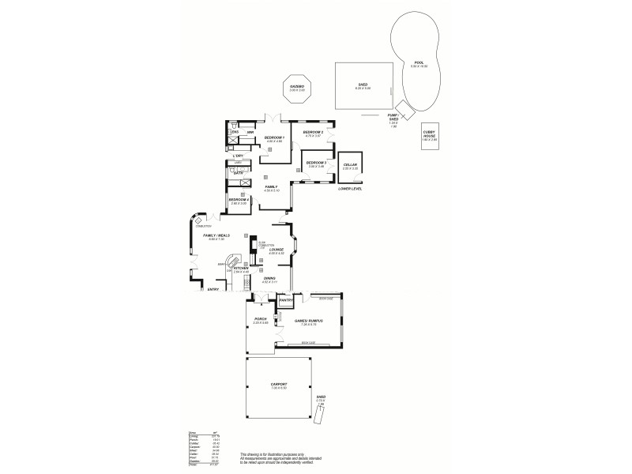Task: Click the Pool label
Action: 419,62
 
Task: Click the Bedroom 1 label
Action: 274,137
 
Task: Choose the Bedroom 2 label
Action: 314,132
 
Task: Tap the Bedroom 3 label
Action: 317,163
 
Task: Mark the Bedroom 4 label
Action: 239,200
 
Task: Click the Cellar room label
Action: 351,165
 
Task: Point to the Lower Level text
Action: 349,190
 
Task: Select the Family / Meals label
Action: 216,235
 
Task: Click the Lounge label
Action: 276,250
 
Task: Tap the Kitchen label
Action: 241,269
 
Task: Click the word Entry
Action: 213,290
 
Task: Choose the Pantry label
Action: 286,300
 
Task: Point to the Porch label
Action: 261,319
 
